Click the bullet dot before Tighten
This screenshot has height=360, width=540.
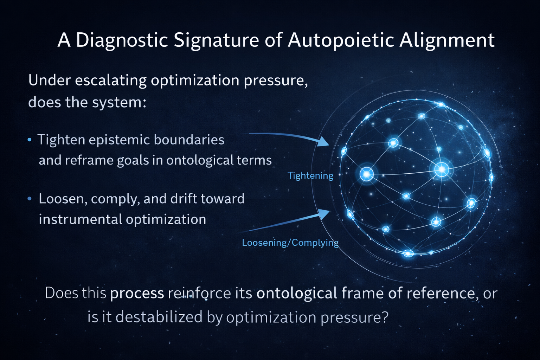[x=30, y=140]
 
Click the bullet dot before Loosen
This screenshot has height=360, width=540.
[x=30, y=199]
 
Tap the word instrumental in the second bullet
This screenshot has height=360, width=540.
[x=80, y=219]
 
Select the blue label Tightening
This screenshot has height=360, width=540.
[x=310, y=175]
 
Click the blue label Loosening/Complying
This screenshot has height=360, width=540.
[x=290, y=243]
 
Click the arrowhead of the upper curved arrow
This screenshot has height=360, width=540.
[x=323, y=142]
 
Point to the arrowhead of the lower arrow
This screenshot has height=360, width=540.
[x=324, y=213]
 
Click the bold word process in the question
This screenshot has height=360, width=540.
[x=137, y=293]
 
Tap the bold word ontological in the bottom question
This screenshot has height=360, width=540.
[x=297, y=293]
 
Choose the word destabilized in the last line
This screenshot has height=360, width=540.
[x=159, y=317]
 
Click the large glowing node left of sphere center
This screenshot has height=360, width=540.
[x=367, y=174]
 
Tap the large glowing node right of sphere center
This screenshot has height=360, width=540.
[x=442, y=169]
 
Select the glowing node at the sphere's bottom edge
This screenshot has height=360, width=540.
[x=408, y=253]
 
